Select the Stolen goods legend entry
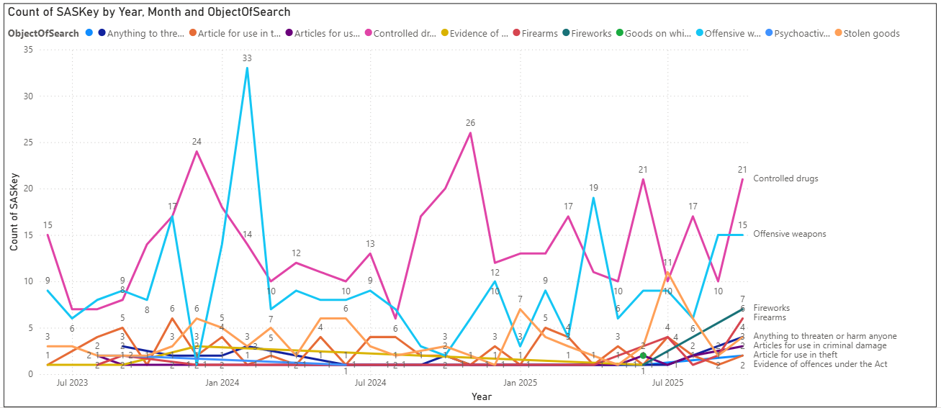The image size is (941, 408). [871, 33]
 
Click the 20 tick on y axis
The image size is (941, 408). [28, 189]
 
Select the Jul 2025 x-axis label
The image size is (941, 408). [667, 383]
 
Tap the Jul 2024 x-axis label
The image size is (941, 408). [370, 383]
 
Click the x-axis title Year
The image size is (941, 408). [481, 396]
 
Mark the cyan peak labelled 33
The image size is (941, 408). [247, 68]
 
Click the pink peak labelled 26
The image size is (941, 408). [470, 133]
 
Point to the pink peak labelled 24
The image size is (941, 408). [197, 151]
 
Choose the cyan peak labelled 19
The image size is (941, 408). [593, 198]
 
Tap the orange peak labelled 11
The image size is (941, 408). [668, 273]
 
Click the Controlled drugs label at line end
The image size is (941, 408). [785, 178]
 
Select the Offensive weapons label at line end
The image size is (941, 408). [789, 234]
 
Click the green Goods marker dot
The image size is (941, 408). [643, 355]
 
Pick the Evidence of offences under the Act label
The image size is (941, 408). [819, 364]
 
